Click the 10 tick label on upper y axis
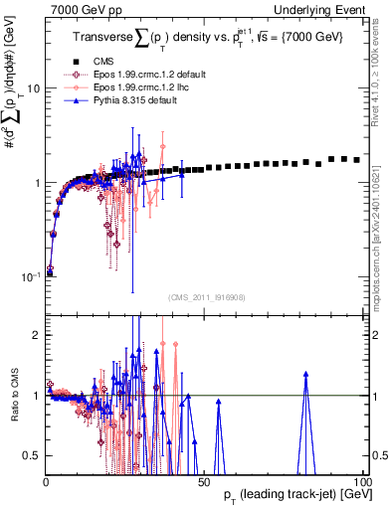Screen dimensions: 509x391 point(33,88)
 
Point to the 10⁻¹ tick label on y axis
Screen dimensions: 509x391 point(31,275)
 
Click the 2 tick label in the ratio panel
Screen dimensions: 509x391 point(37,335)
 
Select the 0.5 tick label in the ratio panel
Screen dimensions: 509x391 point(33,455)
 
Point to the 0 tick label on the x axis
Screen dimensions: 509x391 point(47,481)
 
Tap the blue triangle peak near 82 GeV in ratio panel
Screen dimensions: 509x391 point(306,374)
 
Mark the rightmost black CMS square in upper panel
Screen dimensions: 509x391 point(356,159)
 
